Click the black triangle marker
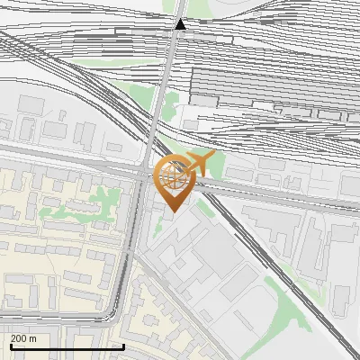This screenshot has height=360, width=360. (x=181, y=24)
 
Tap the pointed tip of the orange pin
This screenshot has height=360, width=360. (x=174, y=211)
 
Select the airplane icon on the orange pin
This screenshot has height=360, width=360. (x=200, y=163)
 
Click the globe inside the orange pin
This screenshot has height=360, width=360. (x=174, y=177)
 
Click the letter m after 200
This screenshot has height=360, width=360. (x=34, y=338)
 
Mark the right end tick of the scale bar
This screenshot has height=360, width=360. (x=123, y=346)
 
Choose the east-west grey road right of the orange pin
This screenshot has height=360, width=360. (x=270, y=195)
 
